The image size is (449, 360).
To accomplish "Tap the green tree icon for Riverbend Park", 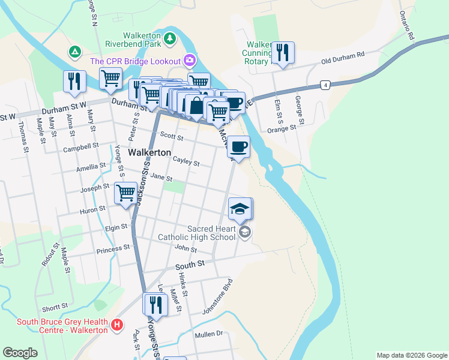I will point(170,38).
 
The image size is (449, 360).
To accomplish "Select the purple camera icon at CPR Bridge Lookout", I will point(190,60).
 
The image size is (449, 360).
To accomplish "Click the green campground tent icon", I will point(74,52).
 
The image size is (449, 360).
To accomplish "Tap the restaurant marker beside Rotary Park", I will point(282,52).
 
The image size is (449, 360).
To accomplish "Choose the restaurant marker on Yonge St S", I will point(155,304).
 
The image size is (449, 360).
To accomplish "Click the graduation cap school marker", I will point(240,208).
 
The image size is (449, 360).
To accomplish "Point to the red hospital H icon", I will point(117,326).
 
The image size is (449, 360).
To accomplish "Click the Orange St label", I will point(282,128).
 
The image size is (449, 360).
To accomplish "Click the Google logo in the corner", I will point(20,353).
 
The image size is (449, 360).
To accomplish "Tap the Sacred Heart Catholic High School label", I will point(196,233).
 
